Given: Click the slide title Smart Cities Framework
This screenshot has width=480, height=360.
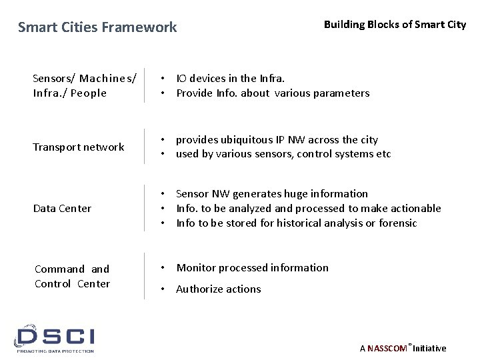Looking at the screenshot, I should click(97, 27).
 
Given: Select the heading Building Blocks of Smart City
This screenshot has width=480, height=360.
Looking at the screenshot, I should click(395, 25).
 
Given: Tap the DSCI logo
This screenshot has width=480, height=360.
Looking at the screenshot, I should click(56, 339).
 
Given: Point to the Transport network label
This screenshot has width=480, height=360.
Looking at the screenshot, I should click(79, 147).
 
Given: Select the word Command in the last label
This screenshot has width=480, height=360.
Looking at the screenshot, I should click(59, 269).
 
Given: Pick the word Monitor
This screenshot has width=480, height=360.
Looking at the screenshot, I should click(197, 267).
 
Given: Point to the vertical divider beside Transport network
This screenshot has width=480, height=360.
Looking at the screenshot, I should click(145, 147).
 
